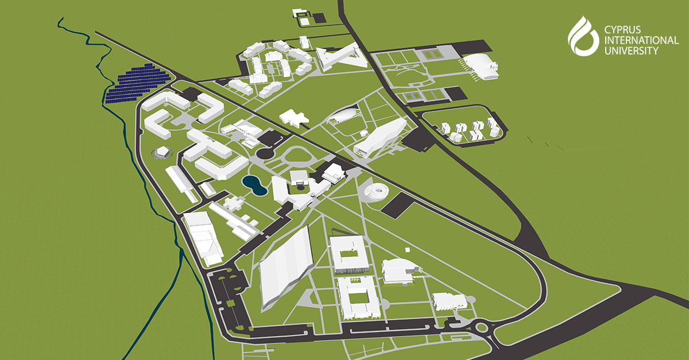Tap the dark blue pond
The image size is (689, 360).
(252, 184)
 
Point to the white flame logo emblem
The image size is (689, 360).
(583, 35)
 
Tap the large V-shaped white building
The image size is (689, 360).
(340, 57)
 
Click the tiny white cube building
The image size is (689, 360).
(407, 250)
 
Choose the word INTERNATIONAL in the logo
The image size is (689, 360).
(641, 40)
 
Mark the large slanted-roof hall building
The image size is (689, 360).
(285, 267)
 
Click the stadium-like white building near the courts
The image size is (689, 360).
(481, 67)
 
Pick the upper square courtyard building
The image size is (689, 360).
(348, 253)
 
